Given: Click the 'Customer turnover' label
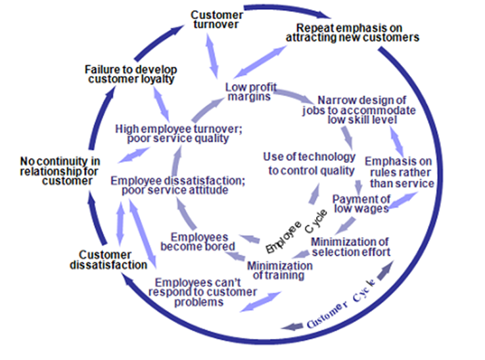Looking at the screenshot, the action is coord(216,20).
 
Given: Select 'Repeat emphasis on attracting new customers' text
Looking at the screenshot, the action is coord(352,33).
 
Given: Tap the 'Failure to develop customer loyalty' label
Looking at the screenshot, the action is coord(131,74).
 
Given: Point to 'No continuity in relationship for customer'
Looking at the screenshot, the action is coord(60,171).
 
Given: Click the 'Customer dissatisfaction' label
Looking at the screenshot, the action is coord(108,259).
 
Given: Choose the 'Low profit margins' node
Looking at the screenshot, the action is coord(250,92).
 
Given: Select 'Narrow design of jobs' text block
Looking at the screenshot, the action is coord(359,110).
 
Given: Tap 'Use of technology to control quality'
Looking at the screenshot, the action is coord(310,164).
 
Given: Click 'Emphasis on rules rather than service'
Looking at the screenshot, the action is coord(399,172).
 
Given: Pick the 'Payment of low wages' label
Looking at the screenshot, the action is coord(361,204).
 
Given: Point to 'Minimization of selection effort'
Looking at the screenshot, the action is coord(350,247).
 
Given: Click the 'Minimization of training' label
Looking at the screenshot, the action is coord(279,271).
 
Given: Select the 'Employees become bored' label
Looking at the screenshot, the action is coord(198,242).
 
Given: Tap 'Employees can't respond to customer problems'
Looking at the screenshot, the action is coord(202,292).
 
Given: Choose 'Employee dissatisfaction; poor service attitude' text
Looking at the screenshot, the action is coord(177,185).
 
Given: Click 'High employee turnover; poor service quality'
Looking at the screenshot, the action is coord(179,133).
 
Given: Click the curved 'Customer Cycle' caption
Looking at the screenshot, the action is coord(341,304).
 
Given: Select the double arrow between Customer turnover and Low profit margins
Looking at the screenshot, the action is coord(212,56).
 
